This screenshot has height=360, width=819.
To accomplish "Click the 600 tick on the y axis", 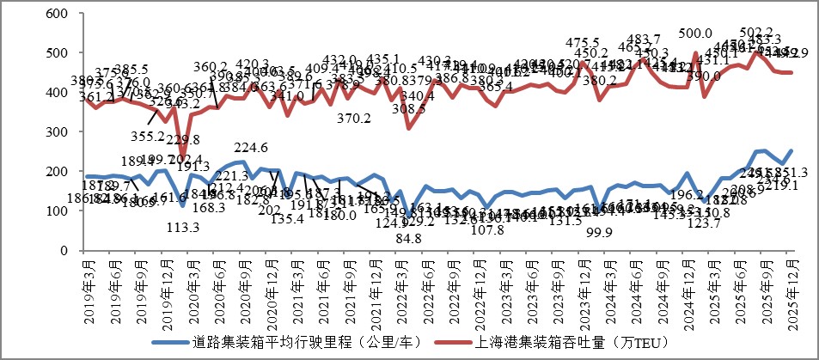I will click(58, 15).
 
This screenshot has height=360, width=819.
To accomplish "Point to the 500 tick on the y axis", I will click(58, 53).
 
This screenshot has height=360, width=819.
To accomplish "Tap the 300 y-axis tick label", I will click(58, 132).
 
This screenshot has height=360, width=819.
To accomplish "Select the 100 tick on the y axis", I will click(58, 211).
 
